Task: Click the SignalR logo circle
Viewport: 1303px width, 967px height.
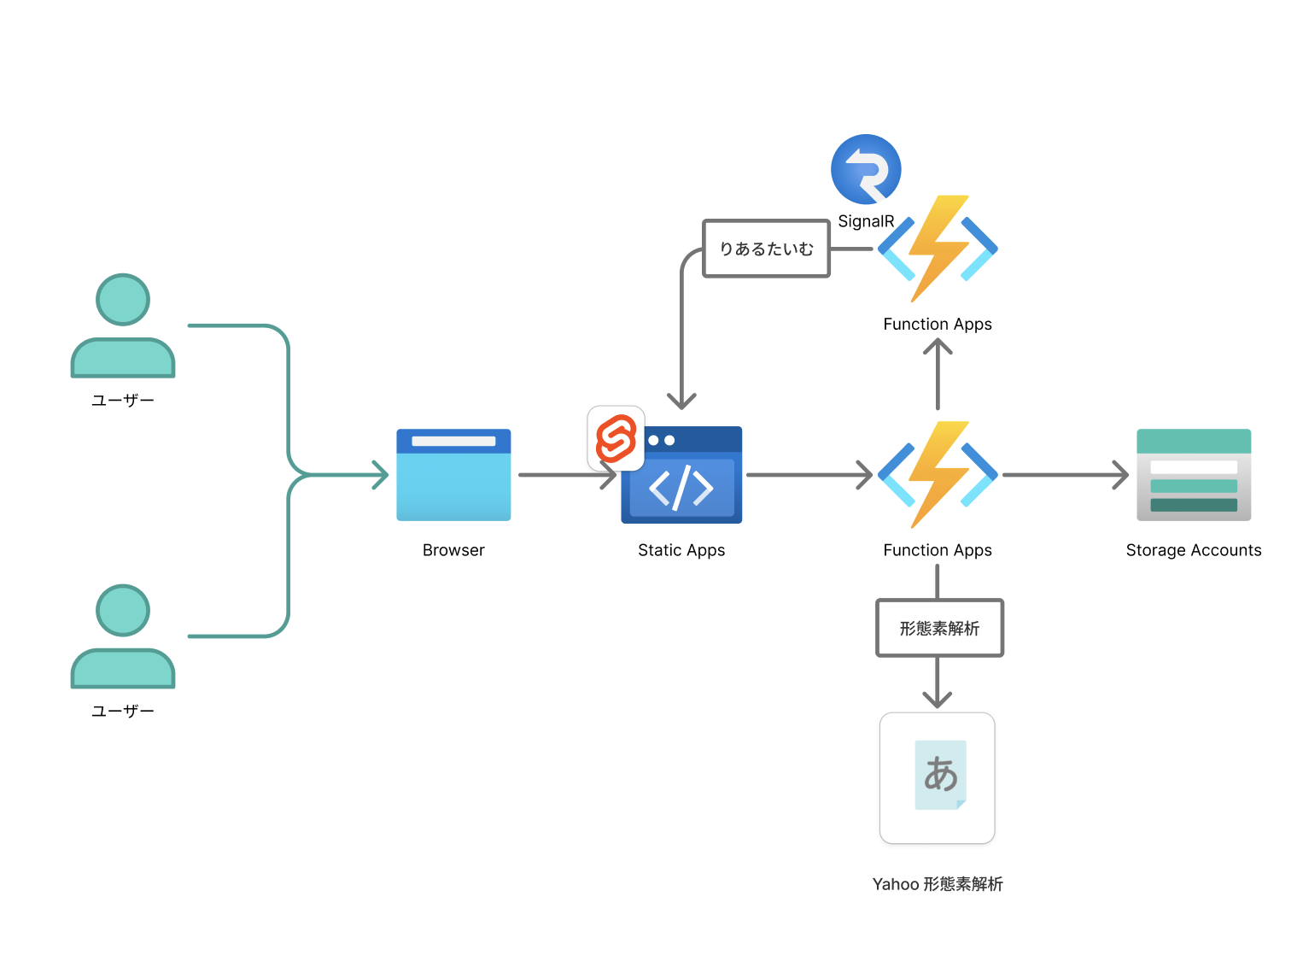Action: [866, 169]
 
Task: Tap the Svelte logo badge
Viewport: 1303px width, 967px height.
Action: [616, 438]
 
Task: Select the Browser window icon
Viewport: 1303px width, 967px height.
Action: [453, 475]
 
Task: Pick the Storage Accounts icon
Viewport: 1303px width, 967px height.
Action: [1193, 475]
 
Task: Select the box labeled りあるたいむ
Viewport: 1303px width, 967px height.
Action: [766, 249]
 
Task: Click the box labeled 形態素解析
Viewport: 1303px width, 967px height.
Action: [939, 628]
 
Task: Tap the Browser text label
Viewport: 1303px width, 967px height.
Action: [453, 550]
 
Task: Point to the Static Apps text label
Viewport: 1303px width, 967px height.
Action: [681, 550]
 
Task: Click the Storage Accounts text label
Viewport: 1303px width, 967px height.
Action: [1193, 550]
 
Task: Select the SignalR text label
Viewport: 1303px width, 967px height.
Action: [866, 221]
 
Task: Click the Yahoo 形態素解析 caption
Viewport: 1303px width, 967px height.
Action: [938, 884]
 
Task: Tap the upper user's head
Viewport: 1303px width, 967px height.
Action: [123, 300]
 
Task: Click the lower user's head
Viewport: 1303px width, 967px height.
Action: [123, 611]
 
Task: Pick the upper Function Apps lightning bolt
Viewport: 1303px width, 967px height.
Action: [938, 248]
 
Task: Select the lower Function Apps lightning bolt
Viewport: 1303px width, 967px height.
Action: [938, 474]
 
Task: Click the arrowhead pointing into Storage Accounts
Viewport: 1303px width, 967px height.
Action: [1122, 475]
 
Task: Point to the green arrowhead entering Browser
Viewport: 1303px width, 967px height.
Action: [382, 475]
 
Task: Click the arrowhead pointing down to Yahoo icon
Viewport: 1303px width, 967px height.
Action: [938, 700]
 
